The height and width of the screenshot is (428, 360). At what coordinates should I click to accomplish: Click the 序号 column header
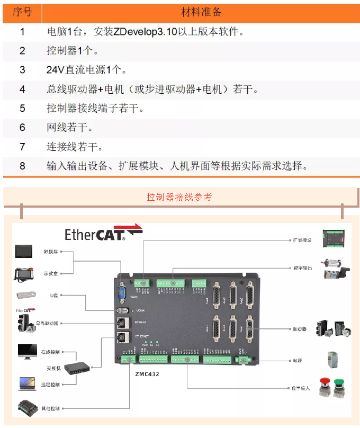22,12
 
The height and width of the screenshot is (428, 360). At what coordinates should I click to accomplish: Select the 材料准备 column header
201,12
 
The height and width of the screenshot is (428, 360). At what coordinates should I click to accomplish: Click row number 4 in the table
22,89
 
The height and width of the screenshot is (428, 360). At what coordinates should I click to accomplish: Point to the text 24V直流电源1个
87,70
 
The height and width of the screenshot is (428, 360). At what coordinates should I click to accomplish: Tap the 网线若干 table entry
69,128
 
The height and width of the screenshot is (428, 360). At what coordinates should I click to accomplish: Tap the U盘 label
53,295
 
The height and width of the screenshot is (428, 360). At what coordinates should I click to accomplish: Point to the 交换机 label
51,368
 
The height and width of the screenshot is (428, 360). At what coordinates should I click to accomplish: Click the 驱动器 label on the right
300,329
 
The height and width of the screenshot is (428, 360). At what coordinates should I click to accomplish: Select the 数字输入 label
302,389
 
